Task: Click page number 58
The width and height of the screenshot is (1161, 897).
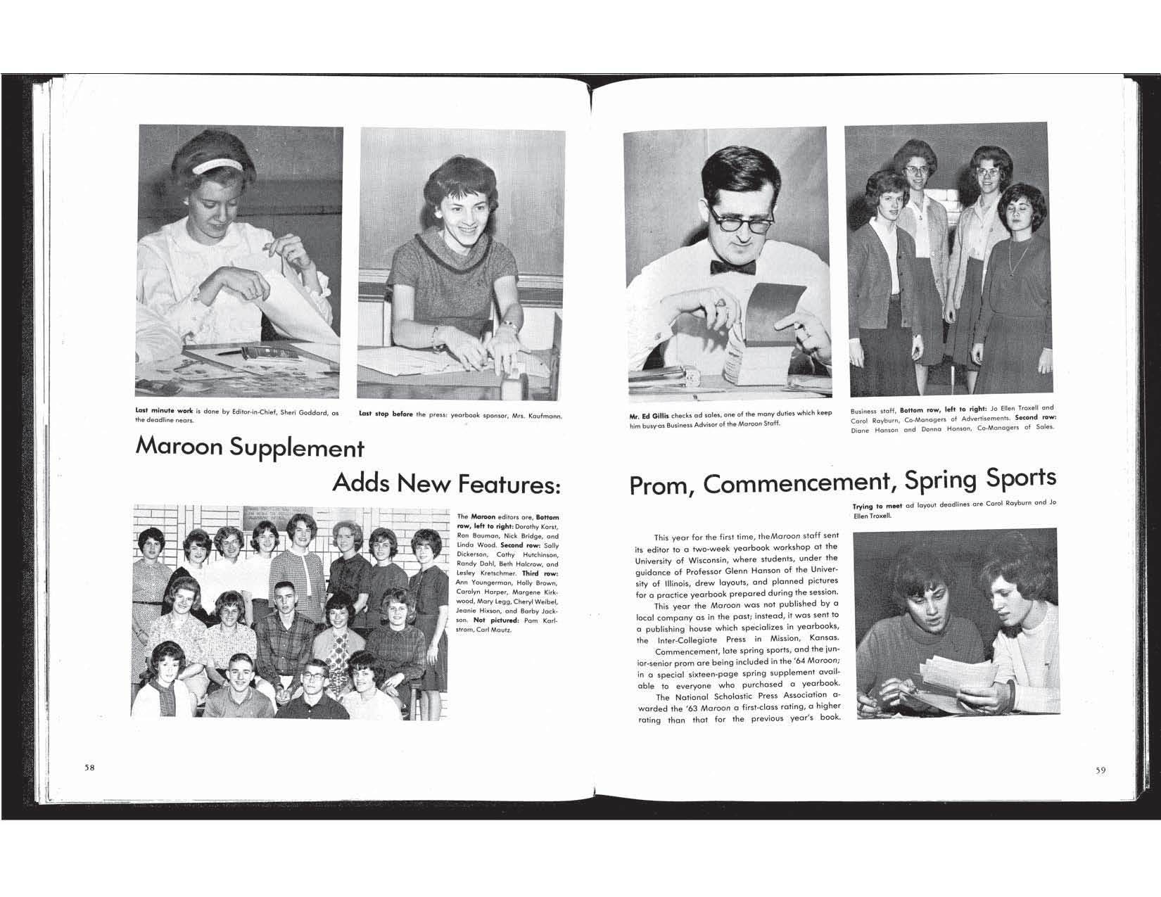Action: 89,768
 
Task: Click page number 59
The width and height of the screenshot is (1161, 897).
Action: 1100,770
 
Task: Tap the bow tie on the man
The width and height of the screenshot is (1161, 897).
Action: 732,267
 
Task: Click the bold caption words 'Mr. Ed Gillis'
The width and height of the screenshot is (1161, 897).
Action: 649,415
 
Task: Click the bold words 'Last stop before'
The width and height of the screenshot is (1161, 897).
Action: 386,414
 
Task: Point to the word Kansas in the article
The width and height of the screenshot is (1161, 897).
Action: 820,640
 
